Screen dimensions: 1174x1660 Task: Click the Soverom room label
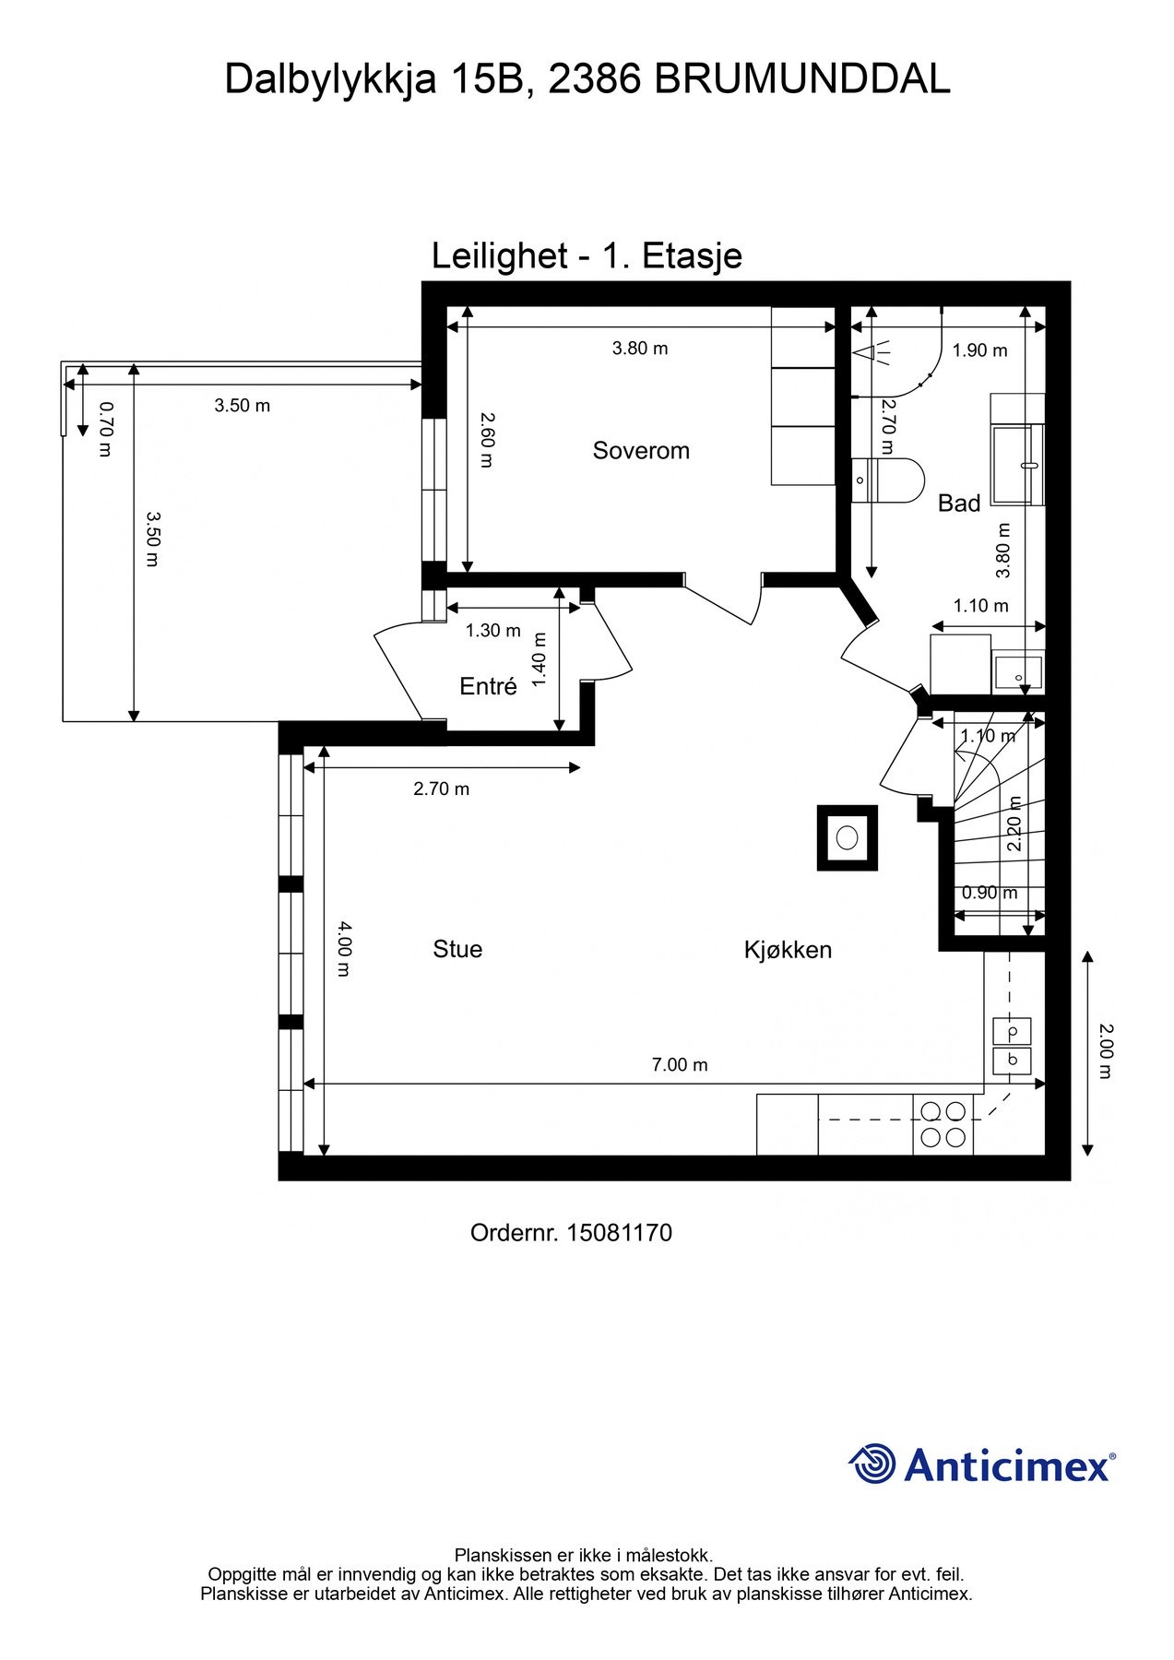(x=641, y=451)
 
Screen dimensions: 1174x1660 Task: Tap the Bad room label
(x=959, y=504)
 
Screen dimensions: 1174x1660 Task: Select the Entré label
(x=488, y=686)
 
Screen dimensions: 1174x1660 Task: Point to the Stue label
(x=457, y=949)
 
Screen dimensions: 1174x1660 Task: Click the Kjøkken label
(x=788, y=949)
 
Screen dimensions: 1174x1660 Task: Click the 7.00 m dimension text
(x=680, y=1064)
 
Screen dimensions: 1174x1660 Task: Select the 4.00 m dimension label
(x=343, y=948)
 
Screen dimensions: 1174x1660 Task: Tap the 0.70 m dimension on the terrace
(x=104, y=428)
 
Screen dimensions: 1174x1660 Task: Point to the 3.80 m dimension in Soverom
(x=640, y=348)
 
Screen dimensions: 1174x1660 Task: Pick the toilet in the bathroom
(x=886, y=480)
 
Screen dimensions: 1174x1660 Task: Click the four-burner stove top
(x=943, y=1124)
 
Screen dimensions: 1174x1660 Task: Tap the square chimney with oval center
(x=847, y=837)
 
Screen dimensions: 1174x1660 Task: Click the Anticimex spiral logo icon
(x=872, y=1464)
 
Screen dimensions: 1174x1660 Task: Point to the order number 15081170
(x=620, y=1232)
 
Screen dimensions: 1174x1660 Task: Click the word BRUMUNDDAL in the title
(x=802, y=79)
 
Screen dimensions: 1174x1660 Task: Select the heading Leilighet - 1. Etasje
(x=587, y=255)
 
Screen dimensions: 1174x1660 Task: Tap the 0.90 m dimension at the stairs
(x=990, y=893)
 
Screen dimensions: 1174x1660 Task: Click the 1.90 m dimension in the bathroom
(x=979, y=350)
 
